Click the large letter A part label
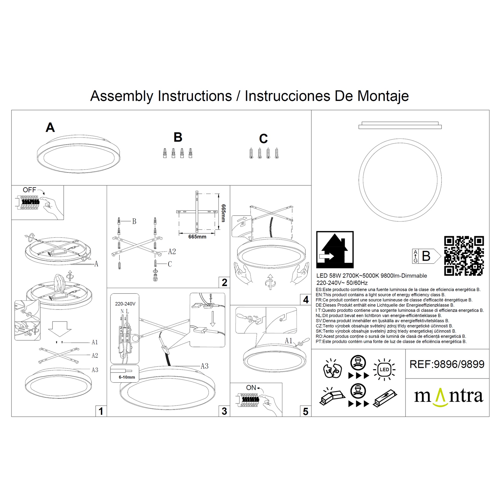click(50, 127)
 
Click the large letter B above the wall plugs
click(178, 137)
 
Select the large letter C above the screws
click(263, 139)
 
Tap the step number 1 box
click(101, 411)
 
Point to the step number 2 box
click(224, 282)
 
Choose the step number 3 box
click(224, 411)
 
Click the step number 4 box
click(306, 300)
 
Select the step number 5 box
click(306, 411)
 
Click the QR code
click(464, 256)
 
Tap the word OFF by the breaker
click(29, 190)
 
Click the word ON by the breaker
click(251, 388)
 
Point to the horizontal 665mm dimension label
click(197, 237)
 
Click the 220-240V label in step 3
click(125, 304)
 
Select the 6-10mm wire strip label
click(127, 377)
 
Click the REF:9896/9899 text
click(447, 364)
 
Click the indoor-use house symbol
click(335, 250)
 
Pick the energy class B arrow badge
click(426, 256)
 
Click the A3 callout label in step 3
click(205, 366)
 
